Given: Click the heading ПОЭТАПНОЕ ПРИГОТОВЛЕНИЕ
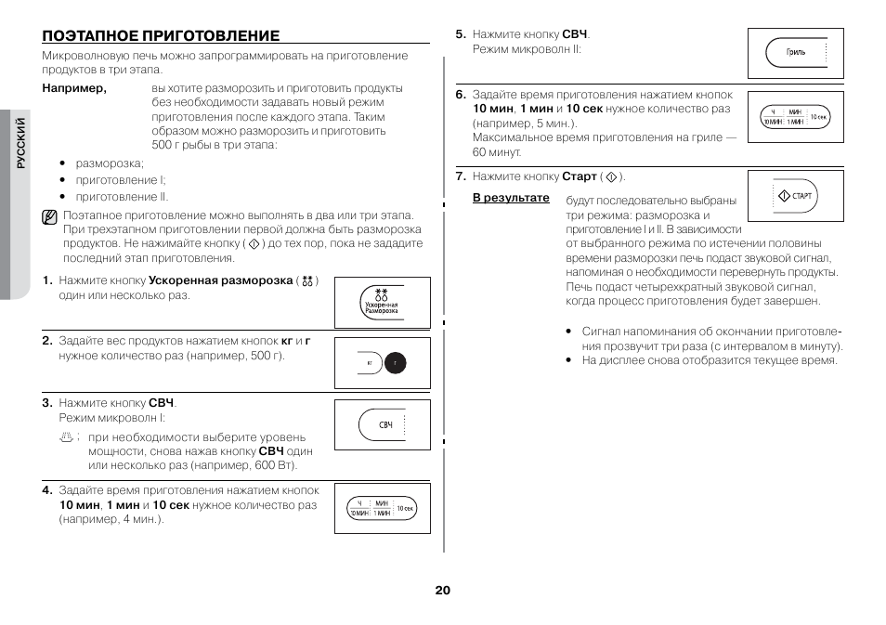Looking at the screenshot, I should (161, 35).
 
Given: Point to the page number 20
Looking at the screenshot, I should (442, 591).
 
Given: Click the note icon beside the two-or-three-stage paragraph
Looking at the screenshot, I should (50, 218).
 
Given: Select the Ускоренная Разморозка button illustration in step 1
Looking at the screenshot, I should (382, 303).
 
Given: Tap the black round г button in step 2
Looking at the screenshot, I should (395, 362).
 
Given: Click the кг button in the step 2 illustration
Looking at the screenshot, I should (369, 362).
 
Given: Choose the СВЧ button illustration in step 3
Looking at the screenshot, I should (384, 424).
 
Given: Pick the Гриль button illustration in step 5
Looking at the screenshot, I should (795, 53).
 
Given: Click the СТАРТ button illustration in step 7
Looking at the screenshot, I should (795, 196).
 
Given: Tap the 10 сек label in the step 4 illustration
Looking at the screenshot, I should (405, 508).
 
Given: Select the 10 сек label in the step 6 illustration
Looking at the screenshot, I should (817, 117).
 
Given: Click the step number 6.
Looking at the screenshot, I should (460, 95).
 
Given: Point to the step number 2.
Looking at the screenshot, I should (46, 341).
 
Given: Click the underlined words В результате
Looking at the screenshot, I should (511, 199).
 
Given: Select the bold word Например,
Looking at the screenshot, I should (74, 89).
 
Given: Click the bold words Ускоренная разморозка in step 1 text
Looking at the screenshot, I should (221, 280).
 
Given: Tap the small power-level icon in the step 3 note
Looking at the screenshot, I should (65, 436).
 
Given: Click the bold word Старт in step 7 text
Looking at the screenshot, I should (579, 176).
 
